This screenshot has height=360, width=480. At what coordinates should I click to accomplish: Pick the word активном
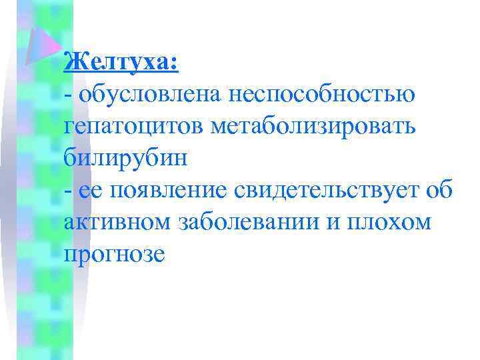118,223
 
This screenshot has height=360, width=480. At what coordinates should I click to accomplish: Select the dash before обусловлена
68,95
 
